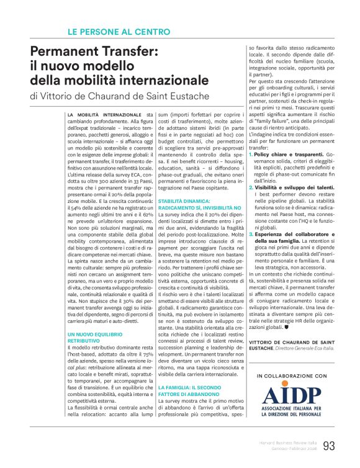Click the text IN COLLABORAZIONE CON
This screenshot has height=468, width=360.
pos(291,376)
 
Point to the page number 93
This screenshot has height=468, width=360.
pos(329,445)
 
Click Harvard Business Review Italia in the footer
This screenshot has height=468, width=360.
pos(286,442)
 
